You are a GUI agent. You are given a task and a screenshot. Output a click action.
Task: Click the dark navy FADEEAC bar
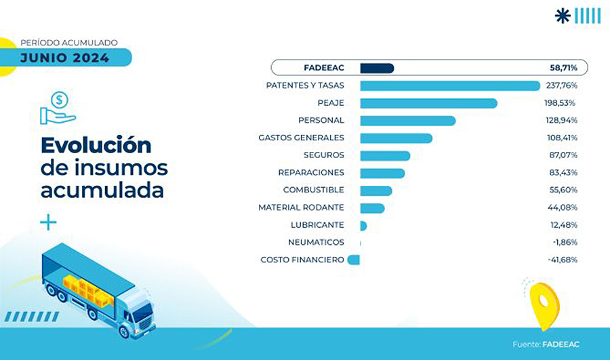coord(377,68)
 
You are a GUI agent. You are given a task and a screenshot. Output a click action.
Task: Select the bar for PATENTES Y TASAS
coord(449,85)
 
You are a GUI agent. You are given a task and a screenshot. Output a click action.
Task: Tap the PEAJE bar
coord(428,103)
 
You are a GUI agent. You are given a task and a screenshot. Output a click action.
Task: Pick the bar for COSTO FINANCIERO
coord(353,260)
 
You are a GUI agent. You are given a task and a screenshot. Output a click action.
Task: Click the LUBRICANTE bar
coord(363,225)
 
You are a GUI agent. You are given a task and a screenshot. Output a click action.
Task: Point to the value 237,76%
coord(563,85)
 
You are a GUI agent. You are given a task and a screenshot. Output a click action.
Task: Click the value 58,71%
coord(563,68)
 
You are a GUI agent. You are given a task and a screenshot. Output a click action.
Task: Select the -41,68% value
coord(562,260)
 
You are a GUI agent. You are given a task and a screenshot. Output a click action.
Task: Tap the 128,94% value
coord(563,121)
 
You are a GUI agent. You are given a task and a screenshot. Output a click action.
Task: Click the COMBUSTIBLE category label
coord(313,190)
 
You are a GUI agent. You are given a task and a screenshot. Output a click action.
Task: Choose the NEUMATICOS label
coord(315,242)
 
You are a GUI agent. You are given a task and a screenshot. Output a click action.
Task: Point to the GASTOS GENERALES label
coord(301,138)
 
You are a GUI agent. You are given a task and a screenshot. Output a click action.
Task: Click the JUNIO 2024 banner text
coord(64,58)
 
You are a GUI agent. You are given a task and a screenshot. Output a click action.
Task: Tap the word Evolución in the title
coord(96,145)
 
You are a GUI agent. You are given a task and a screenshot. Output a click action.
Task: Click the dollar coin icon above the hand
coord(60,100)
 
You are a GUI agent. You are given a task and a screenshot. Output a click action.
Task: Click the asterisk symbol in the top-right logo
coord(563,16)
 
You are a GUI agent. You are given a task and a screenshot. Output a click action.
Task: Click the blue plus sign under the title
coord(48,222)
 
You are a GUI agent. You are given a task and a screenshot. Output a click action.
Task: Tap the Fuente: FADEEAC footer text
coord(546,344)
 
